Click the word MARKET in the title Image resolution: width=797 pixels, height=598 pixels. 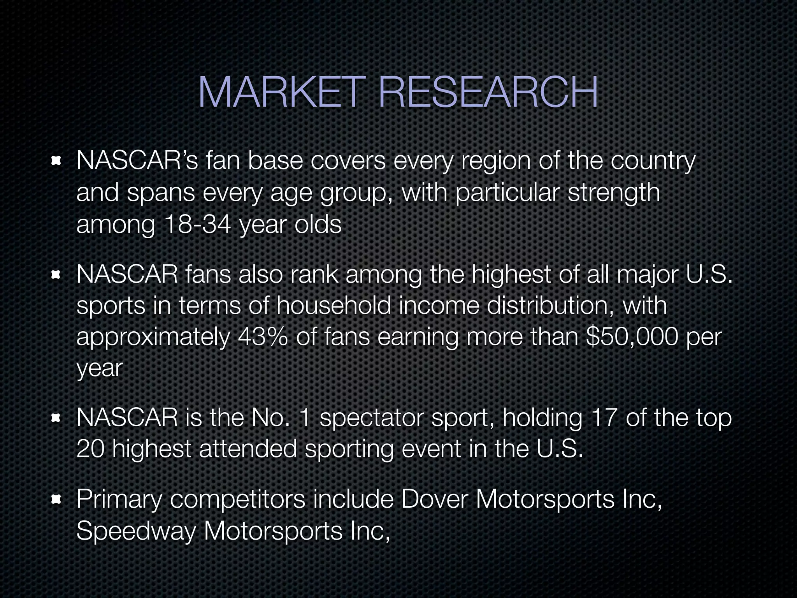281,93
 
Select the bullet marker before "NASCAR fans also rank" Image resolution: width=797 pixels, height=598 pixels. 57,275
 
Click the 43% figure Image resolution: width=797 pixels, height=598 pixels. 263,337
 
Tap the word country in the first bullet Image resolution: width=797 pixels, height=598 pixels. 653,161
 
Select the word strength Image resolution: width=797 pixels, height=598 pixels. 614,193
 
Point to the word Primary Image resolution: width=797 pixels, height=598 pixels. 119,500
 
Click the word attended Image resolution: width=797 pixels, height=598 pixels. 248,449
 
